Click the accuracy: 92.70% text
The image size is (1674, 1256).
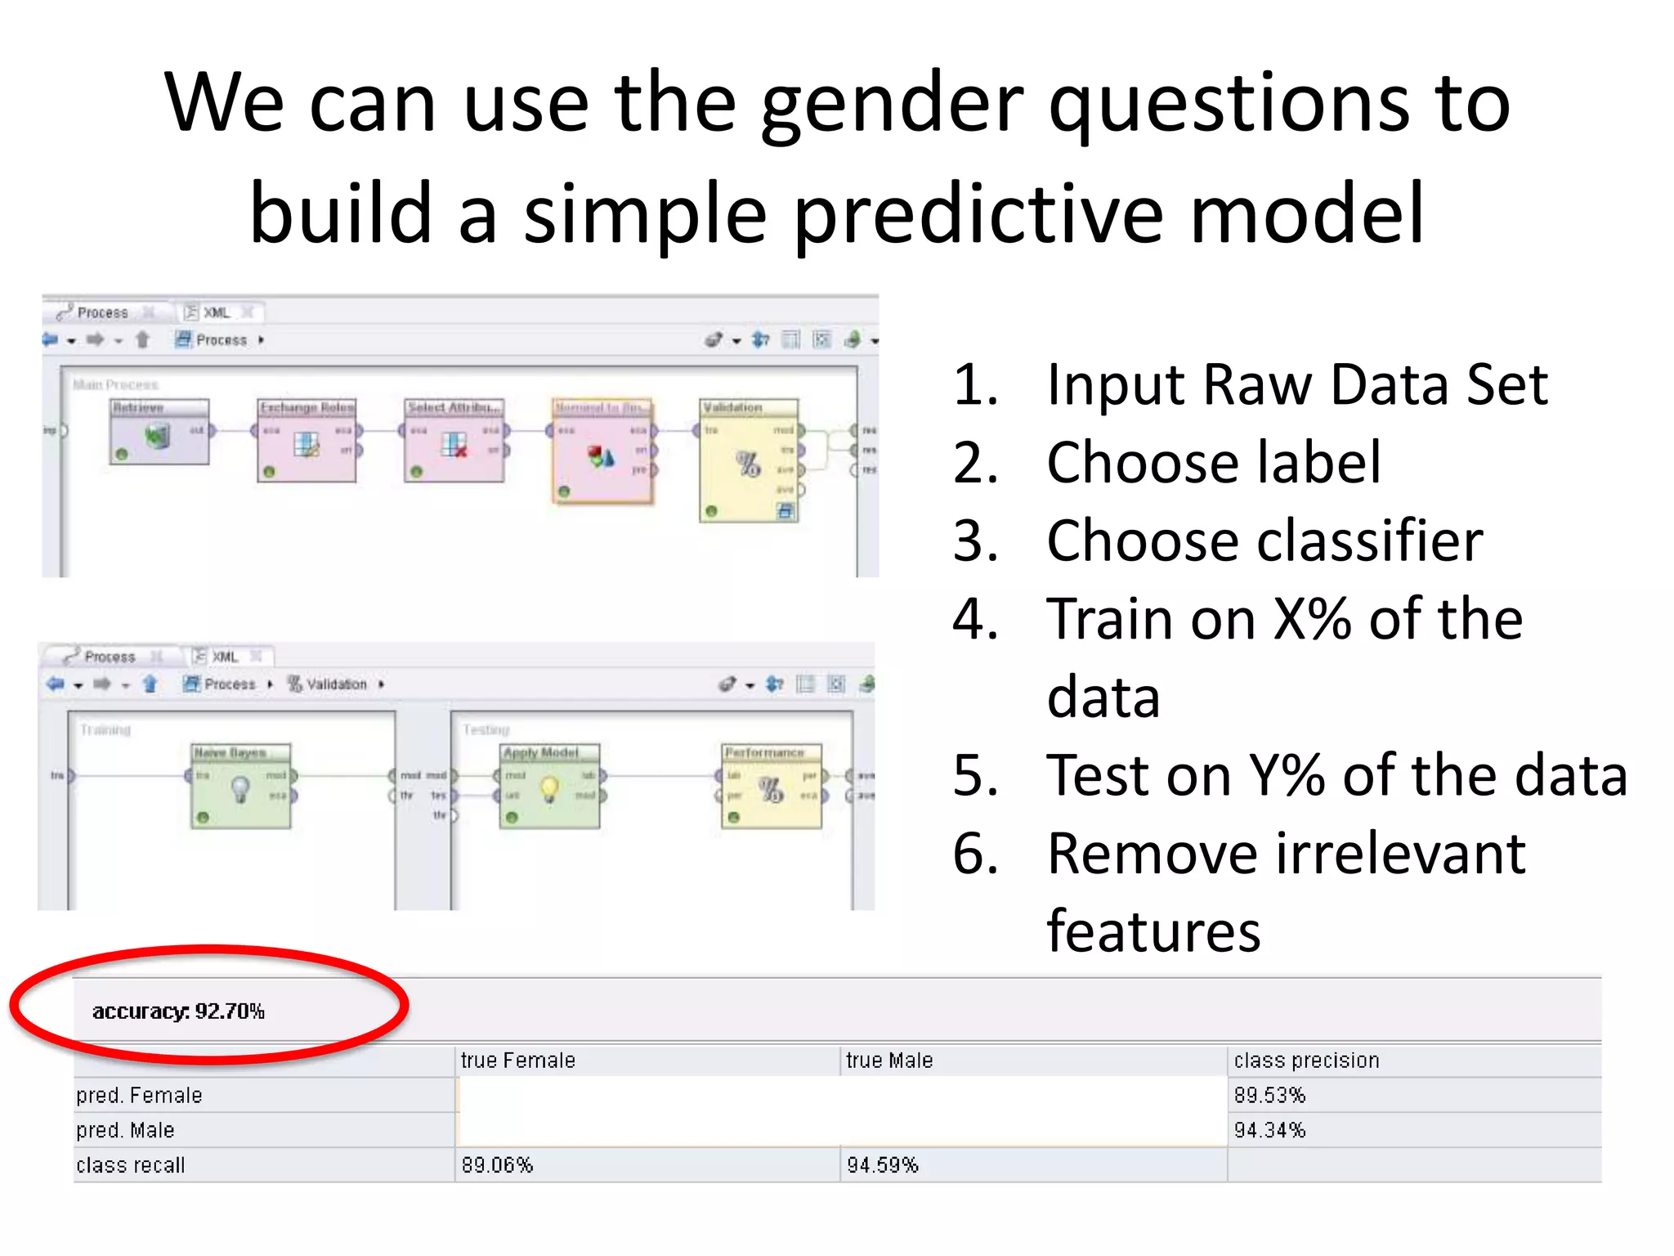tap(178, 1012)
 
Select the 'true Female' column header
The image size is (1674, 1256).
tap(517, 1061)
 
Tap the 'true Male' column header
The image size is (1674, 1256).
tap(888, 1061)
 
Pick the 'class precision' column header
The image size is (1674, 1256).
tap(1306, 1061)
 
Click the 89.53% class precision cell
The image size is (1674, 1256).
tap(1269, 1096)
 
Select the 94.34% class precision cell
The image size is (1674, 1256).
tap(1269, 1131)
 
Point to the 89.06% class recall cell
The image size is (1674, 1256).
tap(497, 1165)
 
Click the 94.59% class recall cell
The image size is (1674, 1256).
tap(882, 1165)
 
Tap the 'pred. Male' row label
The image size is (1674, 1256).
tap(125, 1131)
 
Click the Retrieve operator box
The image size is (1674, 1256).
tap(159, 433)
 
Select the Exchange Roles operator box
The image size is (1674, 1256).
tap(307, 442)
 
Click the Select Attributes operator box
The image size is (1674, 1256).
tap(454, 442)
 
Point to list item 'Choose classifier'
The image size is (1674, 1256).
tap(1264, 541)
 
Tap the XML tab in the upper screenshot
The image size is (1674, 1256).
tap(217, 312)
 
